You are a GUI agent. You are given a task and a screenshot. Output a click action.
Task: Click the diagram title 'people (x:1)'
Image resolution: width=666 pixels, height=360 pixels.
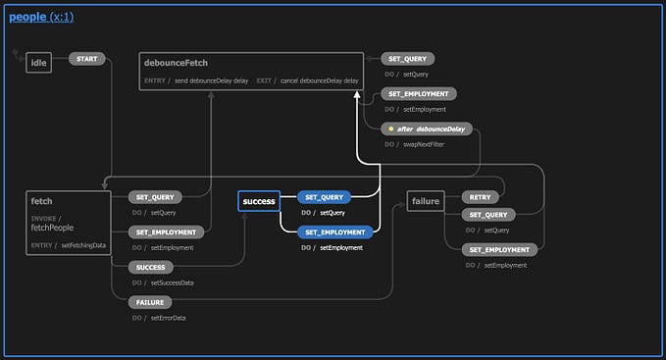(x=41, y=17)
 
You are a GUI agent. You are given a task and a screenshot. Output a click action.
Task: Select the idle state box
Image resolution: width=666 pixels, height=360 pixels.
(x=39, y=64)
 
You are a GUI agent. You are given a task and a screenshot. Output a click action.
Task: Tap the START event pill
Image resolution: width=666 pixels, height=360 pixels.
(x=86, y=59)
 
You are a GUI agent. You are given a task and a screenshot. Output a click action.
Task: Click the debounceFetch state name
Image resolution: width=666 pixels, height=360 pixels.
(x=176, y=63)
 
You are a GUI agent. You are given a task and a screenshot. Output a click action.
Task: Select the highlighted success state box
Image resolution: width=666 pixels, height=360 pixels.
(x=259, y=201)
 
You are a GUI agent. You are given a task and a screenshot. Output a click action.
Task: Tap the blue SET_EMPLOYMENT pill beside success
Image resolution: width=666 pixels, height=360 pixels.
(x=336, y=232)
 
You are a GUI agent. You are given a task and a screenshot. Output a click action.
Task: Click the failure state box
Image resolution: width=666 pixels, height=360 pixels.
(x=425, y=201)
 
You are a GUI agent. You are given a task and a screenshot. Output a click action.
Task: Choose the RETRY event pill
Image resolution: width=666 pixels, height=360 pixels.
(x=481, y=196)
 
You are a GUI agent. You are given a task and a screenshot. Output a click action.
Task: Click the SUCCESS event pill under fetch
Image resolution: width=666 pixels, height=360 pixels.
(x=151, y=267)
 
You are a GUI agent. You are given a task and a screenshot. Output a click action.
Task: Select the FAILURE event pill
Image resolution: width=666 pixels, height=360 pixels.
(x=150, y=302)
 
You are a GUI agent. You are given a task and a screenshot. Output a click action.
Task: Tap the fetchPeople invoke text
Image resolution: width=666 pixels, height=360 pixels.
(x=55, y=228)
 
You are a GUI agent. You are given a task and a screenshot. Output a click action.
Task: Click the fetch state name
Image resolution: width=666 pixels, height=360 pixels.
(x=42, y=201)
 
